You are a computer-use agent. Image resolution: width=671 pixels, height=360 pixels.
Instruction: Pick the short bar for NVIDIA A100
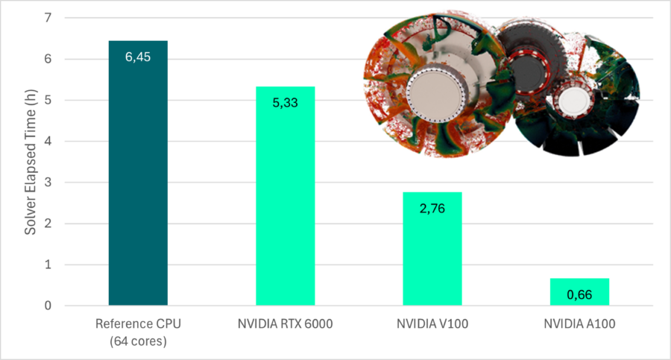(579, 291)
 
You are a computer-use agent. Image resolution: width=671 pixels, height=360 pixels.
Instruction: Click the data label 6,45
(138, 57)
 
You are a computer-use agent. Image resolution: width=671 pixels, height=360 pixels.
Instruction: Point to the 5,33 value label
(285, 102)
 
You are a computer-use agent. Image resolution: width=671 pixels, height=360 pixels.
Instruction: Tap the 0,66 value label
(579, 295)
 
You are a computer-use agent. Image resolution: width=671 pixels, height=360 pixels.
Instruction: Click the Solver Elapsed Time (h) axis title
(30, 161)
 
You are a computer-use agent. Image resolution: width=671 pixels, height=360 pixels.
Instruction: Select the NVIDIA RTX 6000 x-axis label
(285, 324)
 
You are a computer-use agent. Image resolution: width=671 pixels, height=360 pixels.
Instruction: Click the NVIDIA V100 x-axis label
(432, 324)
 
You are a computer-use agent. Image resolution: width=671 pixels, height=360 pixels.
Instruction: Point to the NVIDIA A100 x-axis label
(579, 324)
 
